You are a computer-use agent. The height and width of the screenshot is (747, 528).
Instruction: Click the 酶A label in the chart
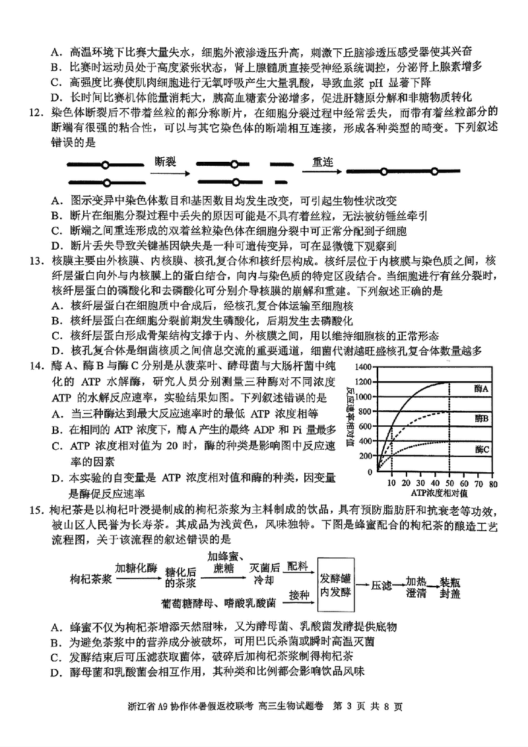pyautogui.click(x=481, y=389)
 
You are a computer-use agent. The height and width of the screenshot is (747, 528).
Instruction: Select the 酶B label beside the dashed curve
pyautogui.click(x=481, y=418)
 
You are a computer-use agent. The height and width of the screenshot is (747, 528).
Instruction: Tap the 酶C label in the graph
pyautogui.click(x=481, y=449)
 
